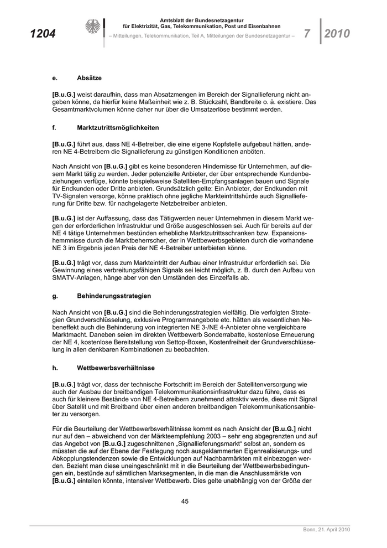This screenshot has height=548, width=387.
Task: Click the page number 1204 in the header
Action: point(43,34)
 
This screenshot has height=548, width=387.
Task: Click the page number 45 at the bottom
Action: point(186,502)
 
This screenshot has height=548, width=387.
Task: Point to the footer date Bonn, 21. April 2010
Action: point(326,530)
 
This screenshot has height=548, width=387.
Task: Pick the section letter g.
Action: point(54,296)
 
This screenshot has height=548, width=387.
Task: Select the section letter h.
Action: point(54,367)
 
